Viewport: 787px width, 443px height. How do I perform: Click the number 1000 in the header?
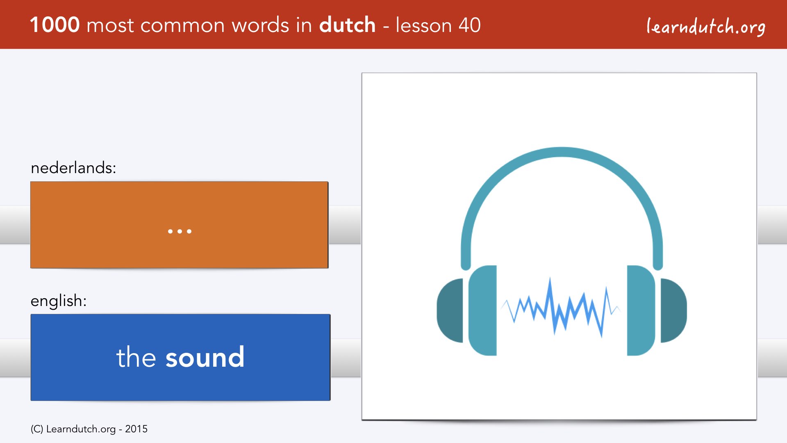(55, 25)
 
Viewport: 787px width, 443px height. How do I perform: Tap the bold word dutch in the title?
(347, 25)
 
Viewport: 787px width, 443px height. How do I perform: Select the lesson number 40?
(469, 25)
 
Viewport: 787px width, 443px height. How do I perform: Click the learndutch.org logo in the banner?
(706, 27)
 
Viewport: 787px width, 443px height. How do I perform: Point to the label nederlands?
(73, 168)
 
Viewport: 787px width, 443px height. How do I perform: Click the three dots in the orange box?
(180, 231)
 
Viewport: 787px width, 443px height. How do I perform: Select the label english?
(59, 301)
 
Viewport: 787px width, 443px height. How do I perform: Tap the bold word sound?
(205, 357)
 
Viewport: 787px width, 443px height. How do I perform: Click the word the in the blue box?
(136, 357)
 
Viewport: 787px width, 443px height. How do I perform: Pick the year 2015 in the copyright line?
(136, 429)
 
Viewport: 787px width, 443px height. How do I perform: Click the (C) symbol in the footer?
(37, 429)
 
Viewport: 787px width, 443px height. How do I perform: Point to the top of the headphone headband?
(562, 152)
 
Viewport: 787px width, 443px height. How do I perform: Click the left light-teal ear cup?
(483, 311)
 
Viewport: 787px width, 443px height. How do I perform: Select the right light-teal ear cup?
(641, 311)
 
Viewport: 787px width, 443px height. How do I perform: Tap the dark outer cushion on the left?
(450, 311)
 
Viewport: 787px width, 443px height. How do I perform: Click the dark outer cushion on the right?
(673, 311)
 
